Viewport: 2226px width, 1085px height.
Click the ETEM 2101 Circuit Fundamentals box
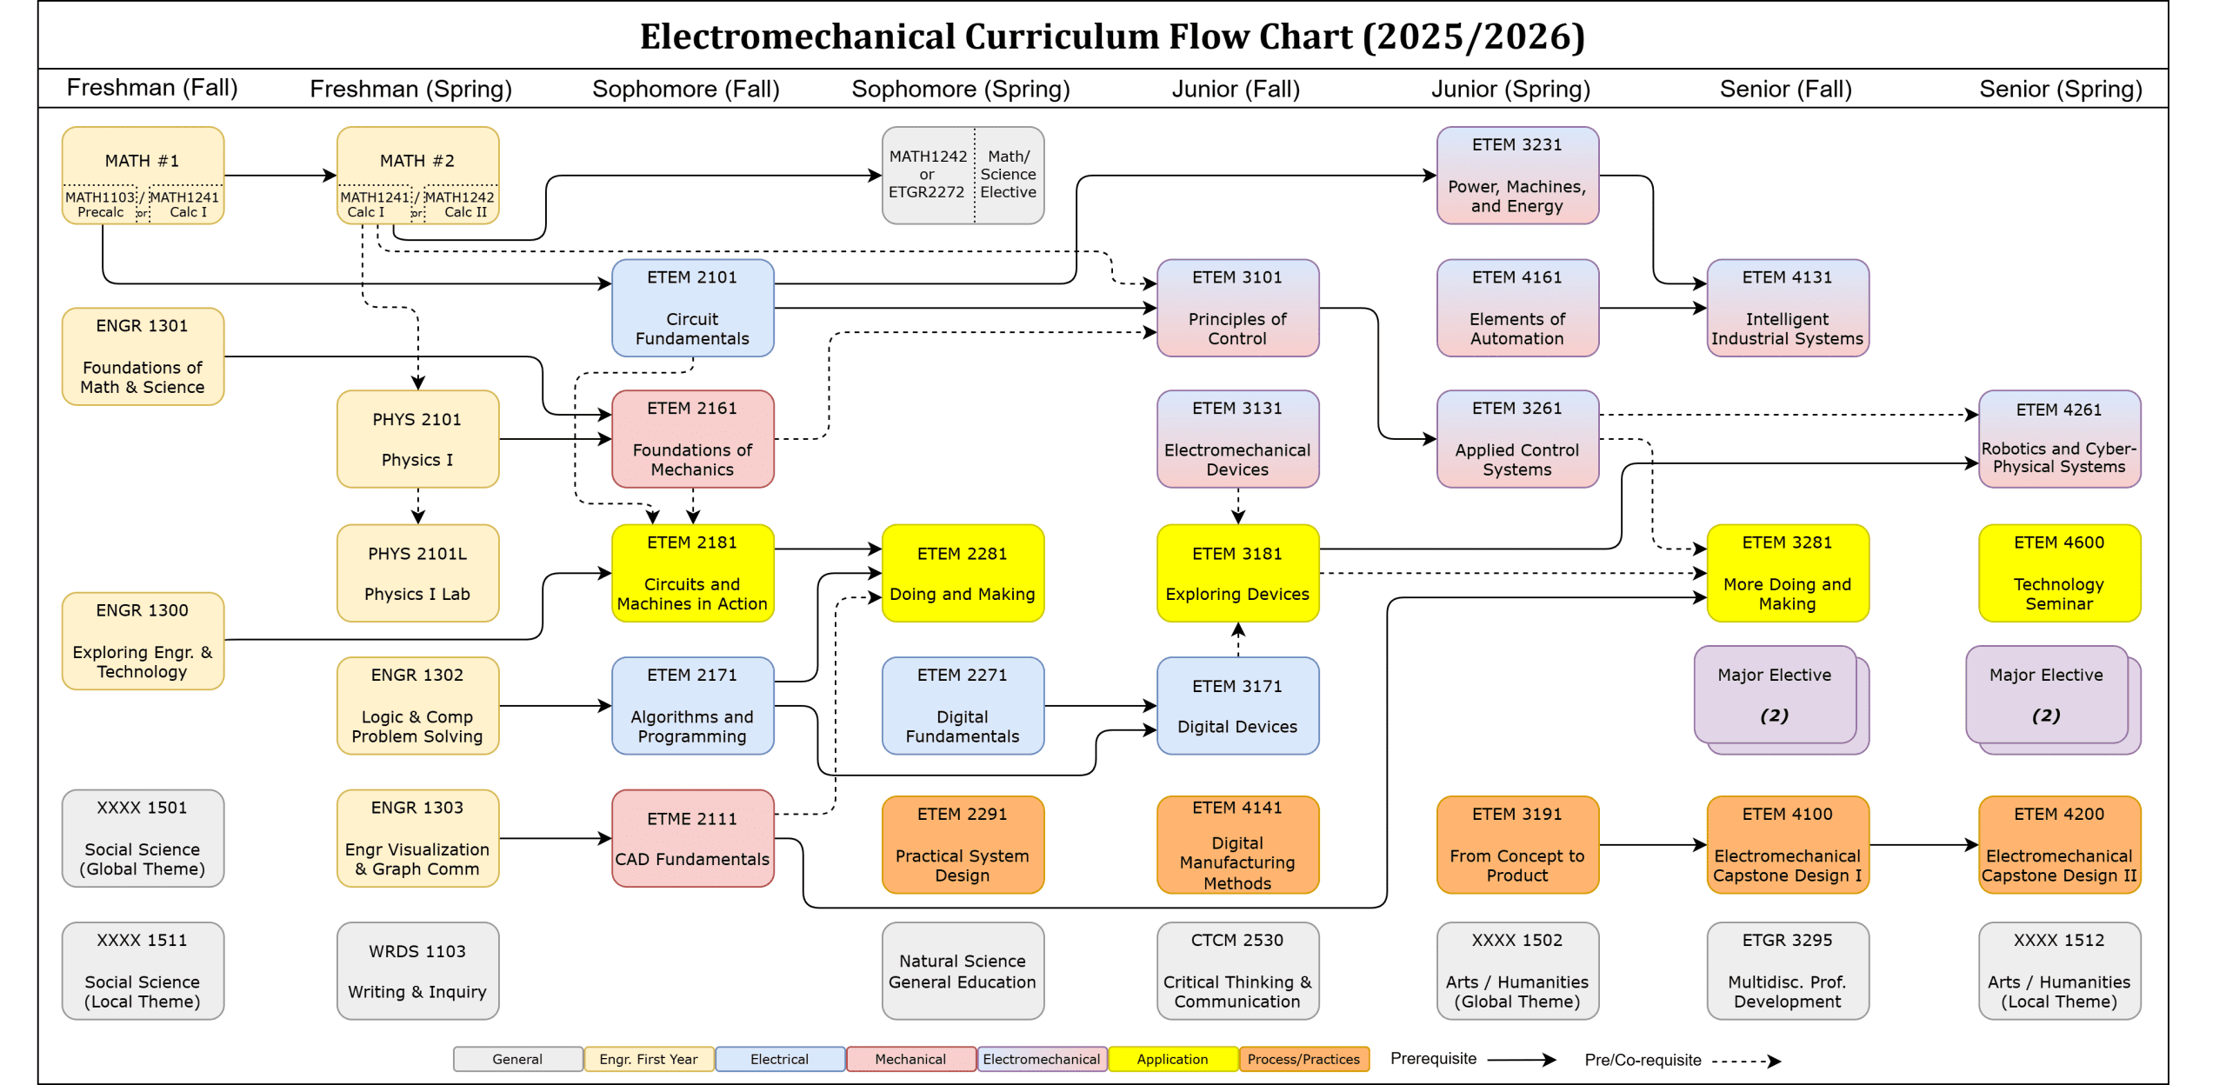(x=692, y=308)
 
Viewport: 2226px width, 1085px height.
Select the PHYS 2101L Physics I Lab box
(x=417, y=573)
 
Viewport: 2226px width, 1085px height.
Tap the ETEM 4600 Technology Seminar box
(x=2058, y=573)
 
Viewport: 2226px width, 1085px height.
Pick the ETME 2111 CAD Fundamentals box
(x=692, y=838)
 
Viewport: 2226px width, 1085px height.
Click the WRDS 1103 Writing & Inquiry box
(x=417, y=970)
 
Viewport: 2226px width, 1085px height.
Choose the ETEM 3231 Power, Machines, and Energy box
(x=1516, y=176)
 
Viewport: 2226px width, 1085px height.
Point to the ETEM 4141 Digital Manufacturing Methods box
(x=1236, y=845)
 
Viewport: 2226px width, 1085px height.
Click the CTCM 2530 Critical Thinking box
(x=1236, y=970)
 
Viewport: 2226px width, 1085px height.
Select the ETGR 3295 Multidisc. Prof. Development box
(x=1787, y=970)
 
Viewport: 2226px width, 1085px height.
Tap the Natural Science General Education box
(x=962, y=970)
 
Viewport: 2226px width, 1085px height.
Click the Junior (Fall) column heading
(x=1235, y=89)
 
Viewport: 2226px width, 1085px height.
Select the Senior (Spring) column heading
(x=2060, y=89)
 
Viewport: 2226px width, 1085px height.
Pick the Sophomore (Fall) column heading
(x=685, y=89)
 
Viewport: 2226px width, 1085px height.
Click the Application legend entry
(x=1172, y=1059)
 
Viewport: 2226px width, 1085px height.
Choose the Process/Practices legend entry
(x=1303, y=1059)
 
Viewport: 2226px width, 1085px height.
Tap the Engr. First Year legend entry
(x=649, y=1059)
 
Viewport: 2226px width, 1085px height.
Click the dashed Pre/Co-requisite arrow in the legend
(x=1746, y=1061)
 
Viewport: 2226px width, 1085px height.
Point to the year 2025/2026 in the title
(x=1473, y=37)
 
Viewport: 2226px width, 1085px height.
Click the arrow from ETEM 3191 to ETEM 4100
(x=1652, y=845)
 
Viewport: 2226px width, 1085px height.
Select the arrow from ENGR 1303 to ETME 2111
(x=555, y=838)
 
